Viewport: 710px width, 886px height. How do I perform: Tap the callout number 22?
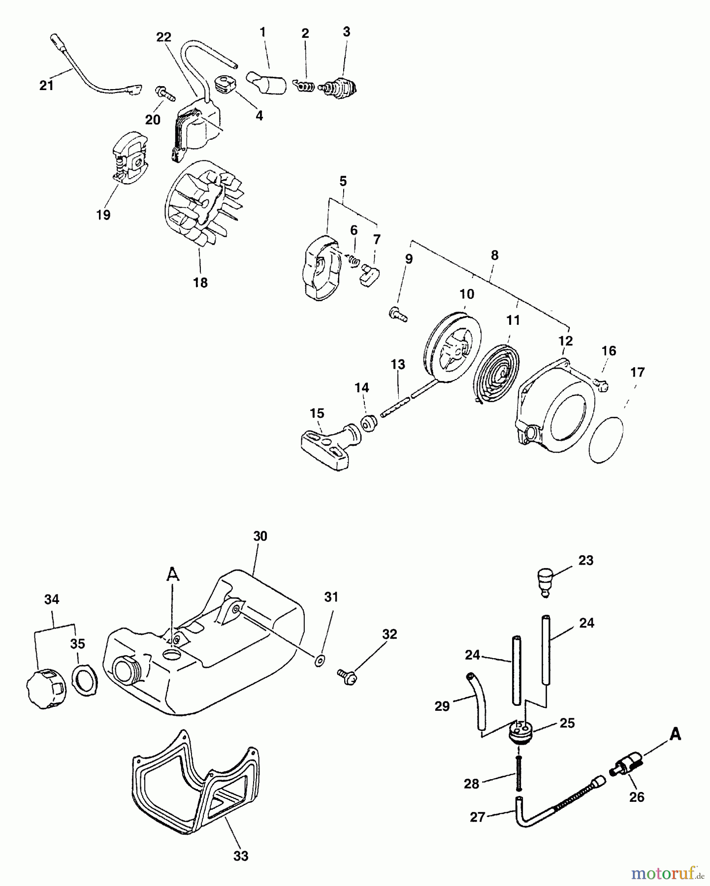pos(164,36)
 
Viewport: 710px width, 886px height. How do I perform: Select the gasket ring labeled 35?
pos(85,681)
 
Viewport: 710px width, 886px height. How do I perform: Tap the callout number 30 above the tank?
pos(260,536)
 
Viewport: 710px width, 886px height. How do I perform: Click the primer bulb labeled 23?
pos(544,582)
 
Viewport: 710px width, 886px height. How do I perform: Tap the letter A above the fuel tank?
pos(172,574)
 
